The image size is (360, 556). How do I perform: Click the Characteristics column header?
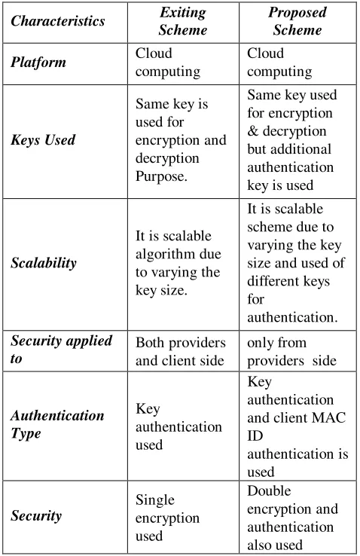[x=58, y=21]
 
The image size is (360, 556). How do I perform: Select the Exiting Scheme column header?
[x=183, y=21]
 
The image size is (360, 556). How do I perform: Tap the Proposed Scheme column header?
[x=297, y=21]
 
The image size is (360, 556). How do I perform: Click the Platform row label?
[x=38, y=63]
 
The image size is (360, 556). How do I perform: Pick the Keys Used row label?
[x=43, y=139]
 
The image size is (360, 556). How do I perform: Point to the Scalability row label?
[x=44, y=263]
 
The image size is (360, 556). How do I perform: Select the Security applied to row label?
[x=61, y=350]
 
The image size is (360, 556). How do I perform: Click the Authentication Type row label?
[x=57, y=424]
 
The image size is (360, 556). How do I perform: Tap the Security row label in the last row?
[x=36, y=515]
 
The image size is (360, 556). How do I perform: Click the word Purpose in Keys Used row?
[x=161, y=176]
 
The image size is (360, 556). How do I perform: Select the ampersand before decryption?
[x=252, y=131]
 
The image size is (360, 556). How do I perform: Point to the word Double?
[x=269, y=490]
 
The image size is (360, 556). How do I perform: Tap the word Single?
[x=155, y=500]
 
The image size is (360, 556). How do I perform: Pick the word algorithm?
[x=162, y=255]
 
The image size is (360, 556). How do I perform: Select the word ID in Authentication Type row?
[x=255, y=435]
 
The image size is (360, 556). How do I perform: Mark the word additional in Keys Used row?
[x=289, y=149]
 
